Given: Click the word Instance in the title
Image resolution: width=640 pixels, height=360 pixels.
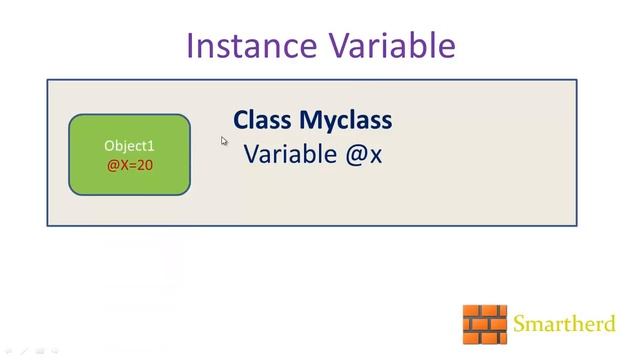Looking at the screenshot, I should pyautogui.click(x=247, y=46).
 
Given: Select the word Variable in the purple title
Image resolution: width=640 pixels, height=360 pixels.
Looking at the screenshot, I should pyautogui.click(x=387, y=46).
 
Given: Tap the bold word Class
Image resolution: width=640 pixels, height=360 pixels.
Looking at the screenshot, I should pyautogui.click(x=263, y=121).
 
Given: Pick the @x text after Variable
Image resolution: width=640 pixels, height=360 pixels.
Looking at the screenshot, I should pyautogui.click(x=363, y=156).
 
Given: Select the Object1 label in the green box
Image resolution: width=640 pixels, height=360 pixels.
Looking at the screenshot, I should pyautogui.click(x=130, y=146).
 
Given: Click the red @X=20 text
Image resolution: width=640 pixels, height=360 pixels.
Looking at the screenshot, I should pyautogui.click(x=130, y=164).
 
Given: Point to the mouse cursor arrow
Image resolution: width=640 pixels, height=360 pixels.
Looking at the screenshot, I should pyautogui.click(x=224, y=141).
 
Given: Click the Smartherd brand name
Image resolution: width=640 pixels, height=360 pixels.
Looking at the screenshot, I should pyautogui.click(x=564, y=324).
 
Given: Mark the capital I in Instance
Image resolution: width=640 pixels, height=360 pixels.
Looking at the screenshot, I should pyautogui.click(x=191, y=46).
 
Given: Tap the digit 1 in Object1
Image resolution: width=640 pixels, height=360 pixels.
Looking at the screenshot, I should pyautogui.click(x=152, y=146).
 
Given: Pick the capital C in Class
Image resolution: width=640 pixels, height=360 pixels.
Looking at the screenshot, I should pyautogui.click(x=241, y=121).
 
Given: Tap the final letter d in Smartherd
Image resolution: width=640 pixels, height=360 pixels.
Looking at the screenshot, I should pyautogui.click(x=609, y=324).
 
